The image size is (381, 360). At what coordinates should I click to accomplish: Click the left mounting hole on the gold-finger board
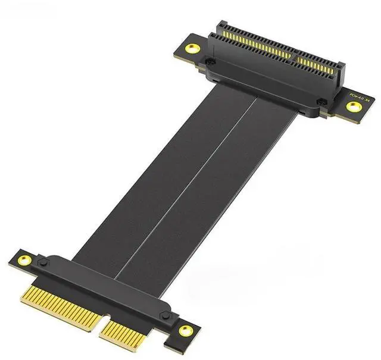point(25,259)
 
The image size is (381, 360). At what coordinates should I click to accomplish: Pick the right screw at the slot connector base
point(321,102)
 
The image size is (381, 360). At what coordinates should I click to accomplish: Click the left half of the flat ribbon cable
point(149,173)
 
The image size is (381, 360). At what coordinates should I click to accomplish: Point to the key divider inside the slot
point(293,57)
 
